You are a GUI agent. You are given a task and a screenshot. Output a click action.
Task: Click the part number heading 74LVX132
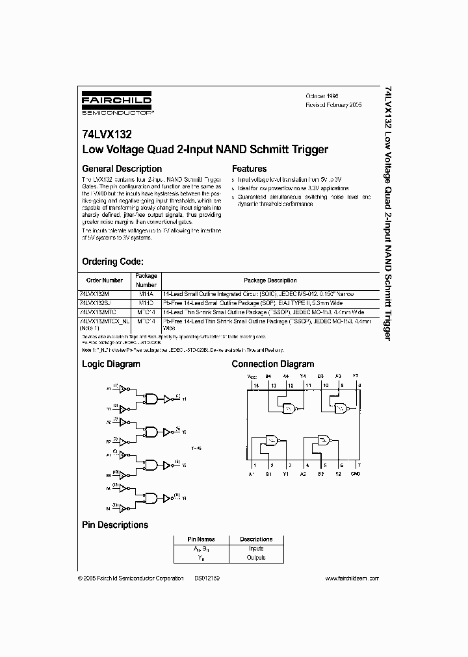(107, 134)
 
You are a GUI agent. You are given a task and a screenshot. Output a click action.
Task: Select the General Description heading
(119, 169)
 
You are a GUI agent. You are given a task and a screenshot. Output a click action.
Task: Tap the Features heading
(249, 169)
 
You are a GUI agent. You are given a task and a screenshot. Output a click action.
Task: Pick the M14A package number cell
(146, 293)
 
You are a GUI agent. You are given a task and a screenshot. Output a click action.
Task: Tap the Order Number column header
(105, 280)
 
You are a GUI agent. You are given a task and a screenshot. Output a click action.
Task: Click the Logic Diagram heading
(110, 364)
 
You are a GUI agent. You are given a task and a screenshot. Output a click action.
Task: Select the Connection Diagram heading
(273, 364)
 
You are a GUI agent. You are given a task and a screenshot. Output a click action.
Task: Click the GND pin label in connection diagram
(356, 474)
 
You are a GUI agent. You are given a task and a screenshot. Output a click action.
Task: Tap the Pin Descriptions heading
(114, 525)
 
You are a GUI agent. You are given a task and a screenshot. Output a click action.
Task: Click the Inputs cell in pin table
(256, 549)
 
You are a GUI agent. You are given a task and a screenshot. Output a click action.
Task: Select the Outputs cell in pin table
(256, 558)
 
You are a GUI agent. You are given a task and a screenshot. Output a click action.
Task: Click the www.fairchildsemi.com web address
(352, 578)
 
